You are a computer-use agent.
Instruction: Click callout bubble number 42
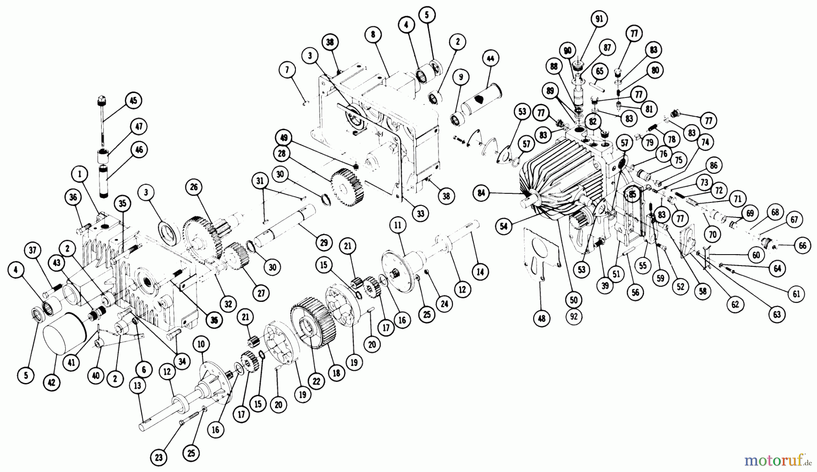(x=52, y=382)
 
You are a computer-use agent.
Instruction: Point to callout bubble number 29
(x=323, y=243)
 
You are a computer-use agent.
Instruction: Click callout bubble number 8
(x=373, y=34)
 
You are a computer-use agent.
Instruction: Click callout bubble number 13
(x=137, y=386)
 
